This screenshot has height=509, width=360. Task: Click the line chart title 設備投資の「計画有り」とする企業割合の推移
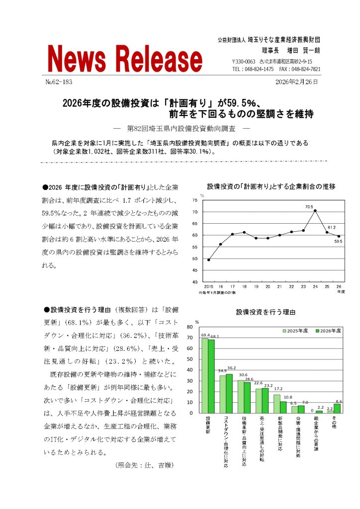point(271,187)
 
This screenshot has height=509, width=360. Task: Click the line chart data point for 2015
point(208,259)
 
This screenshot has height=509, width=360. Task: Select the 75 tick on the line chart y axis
point(194,200)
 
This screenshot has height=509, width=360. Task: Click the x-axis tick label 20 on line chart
point(268,287)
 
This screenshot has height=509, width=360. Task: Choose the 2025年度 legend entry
point(296,331)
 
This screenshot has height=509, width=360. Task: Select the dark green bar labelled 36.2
point(229,393)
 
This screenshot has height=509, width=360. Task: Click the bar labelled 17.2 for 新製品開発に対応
point(277,404)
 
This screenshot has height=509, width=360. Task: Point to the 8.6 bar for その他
point(337,408)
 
